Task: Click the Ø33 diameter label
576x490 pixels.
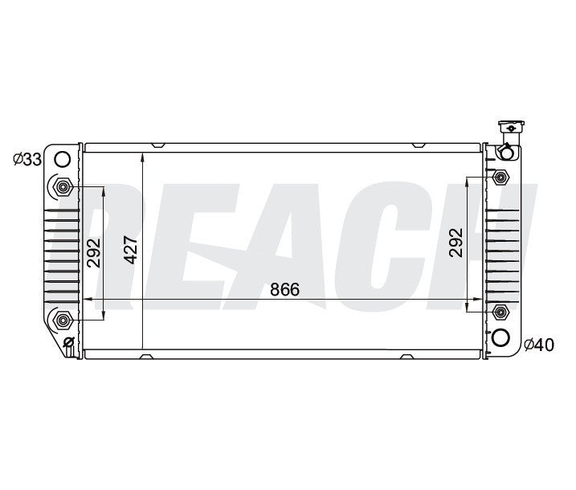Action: [x=27, y=159]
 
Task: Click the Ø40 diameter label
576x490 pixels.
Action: [x=538, y=345]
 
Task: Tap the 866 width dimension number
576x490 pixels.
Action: [x=284, y=290]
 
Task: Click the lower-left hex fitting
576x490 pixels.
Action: [x=62, y=321]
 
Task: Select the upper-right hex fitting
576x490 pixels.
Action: [x=500, y=177]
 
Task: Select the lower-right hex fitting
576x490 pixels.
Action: [x=500, y=312]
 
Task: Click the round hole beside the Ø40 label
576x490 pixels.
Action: [x=500, y=337]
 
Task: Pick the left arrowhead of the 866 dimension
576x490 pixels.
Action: [x=90, y=300]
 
